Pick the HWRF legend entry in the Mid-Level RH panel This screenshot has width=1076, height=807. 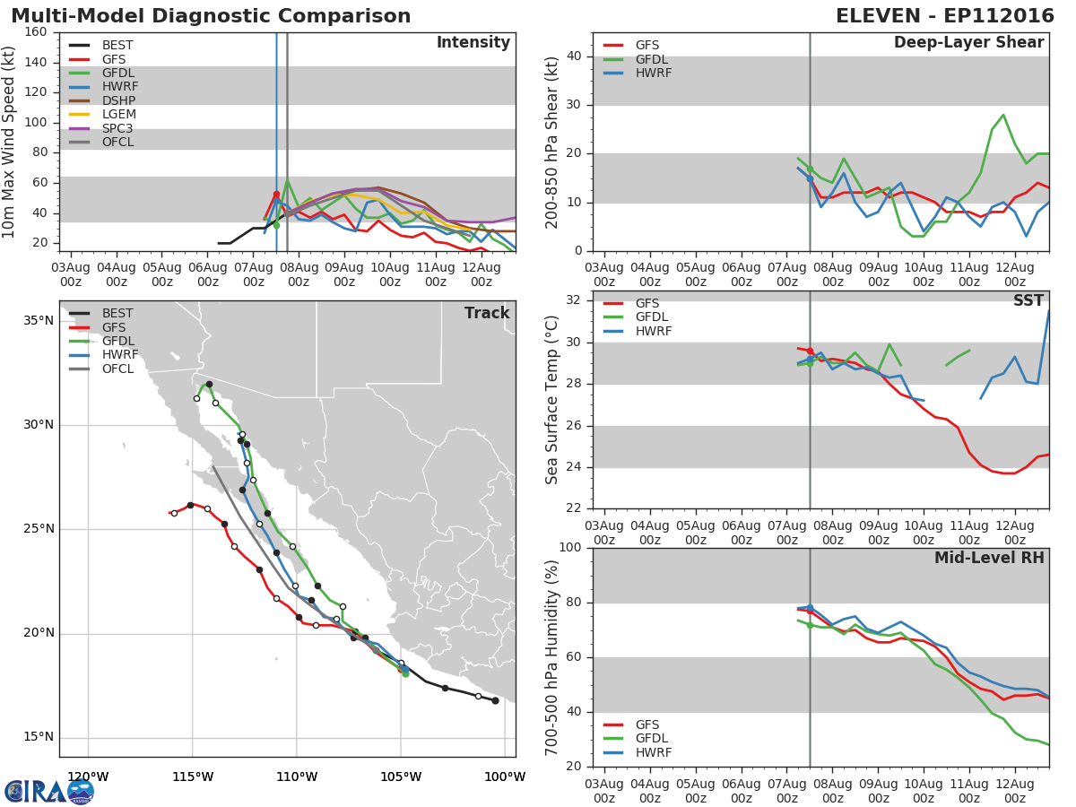click(654, 752)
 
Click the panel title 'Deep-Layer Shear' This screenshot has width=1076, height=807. click(968, 43)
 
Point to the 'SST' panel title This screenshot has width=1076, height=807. click(1028, 301)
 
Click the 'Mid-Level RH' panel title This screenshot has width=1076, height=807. click(989, 559)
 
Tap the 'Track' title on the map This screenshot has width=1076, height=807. click(487, 313)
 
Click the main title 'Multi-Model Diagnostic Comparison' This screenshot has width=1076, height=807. click(211, 16)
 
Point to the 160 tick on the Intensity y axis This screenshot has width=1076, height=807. click(37, 32)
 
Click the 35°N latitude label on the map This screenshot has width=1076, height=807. click(38, 321)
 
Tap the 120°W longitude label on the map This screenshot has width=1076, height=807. click(88, 777)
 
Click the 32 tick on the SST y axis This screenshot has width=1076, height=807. click(573, 300)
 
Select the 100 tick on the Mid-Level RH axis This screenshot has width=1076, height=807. click(569, 548)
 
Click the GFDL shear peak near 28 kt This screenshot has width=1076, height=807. click(1003, 115)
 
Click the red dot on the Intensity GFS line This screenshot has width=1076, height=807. click(276, 195)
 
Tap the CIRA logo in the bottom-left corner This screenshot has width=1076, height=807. click(49, 791)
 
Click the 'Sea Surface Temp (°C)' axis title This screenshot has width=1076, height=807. click(552, 401)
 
